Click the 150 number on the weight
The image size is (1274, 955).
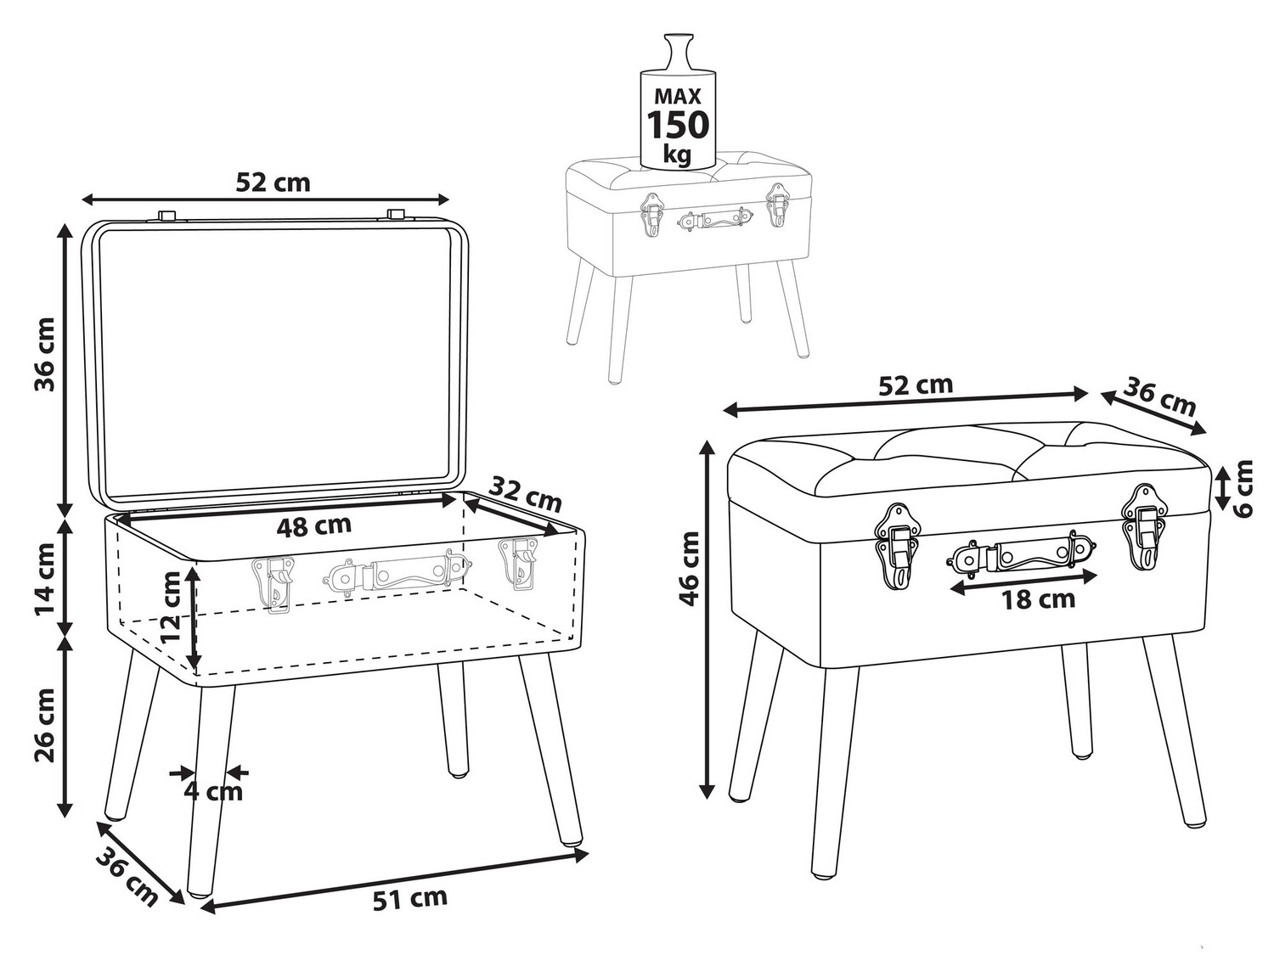(x=678, y=124)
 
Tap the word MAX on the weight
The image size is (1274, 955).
(x=678, y=96)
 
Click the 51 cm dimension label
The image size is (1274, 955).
(x=409, y=898)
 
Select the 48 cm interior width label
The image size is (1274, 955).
(x=314, y=525)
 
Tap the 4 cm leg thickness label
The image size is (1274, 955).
(x=213, y=791)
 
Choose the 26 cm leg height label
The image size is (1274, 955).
(x=45, y=726)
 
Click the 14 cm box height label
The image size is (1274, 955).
(x=45, y=579)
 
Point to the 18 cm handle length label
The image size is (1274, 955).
(x=1039, y=599)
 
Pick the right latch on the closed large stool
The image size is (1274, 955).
(x=1145, y=528)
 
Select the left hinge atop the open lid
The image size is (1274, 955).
(x=167, y=215)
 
